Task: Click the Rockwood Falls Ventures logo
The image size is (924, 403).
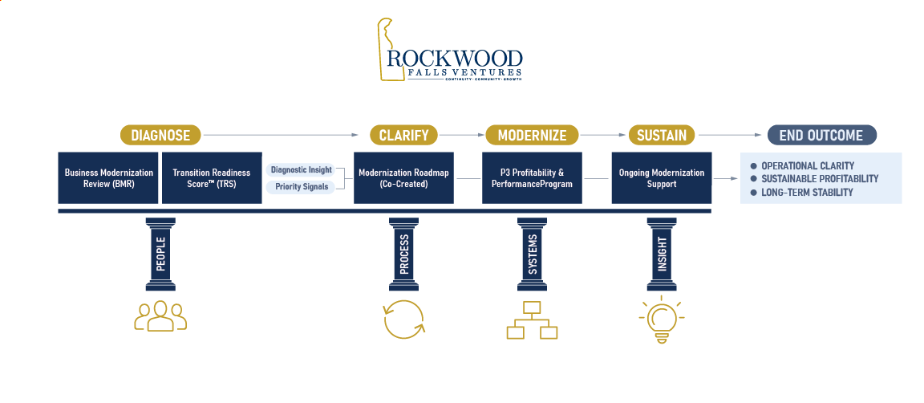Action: [x=452, y=52]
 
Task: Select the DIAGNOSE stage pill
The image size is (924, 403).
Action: [x=160, y=135]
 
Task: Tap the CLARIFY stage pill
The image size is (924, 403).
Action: [x=403, y=135]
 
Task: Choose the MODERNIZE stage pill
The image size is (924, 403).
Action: [x=532, y=135]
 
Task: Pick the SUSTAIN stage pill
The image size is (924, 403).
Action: [x=661, y=135]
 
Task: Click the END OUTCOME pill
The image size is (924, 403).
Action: [x=821, y=135]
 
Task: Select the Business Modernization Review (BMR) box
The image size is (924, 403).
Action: [x=108, y=177]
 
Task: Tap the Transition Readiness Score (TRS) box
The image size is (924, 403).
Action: [x=212, y=177]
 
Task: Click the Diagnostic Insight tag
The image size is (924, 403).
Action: [x=301, y=170]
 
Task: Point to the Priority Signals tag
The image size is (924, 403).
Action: [x=301, y=187]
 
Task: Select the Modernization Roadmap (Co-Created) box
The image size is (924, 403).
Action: [x=403, y=177]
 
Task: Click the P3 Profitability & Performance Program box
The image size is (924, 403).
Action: [x=533, y=177]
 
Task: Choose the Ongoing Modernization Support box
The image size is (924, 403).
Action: [x=662, y=177]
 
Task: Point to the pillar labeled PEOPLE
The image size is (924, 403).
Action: [x=160, y=253]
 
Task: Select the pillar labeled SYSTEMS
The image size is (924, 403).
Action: [x=533, y=253]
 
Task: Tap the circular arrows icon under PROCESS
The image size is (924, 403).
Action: [x=403, y=320]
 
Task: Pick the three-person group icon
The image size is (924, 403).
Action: [x=160, y=316]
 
